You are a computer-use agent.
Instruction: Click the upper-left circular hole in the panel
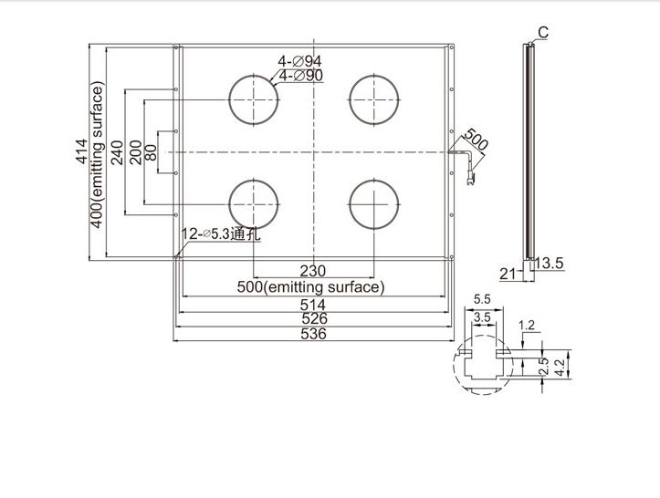[x=229, y=99]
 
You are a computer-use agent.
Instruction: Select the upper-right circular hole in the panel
[x=350, y=99]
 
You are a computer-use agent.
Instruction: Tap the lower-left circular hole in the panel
[x=229, y=204]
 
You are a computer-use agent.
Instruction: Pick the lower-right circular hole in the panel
[x=350, y=204]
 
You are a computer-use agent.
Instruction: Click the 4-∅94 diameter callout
[x=299, y=61]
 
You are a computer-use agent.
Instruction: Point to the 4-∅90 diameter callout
[x=301, y=76]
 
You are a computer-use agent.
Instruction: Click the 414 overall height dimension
[x=81, y=151]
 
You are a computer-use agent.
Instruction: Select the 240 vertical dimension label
[x=117, y=152]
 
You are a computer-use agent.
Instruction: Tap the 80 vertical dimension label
[x=151, y=152]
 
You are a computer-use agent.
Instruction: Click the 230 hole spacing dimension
[x=313, y=271]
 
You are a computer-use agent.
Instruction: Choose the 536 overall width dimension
[x=314, y=334]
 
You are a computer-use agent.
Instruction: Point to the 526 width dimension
[x=314, y=319]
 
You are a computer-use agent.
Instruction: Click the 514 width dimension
[x=313, y=305]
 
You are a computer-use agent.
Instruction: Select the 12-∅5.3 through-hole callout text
[x=221, y=234]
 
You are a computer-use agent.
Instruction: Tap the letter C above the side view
[x=543, y=33]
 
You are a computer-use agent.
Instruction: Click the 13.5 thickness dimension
[x=550, y=264]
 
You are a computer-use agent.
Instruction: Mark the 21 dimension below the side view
[x=508, y=275]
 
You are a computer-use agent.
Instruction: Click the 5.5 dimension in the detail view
[x=482, y=299]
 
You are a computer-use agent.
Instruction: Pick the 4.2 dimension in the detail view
[x=560, y=368]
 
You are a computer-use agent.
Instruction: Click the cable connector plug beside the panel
[x=470, y=178]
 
